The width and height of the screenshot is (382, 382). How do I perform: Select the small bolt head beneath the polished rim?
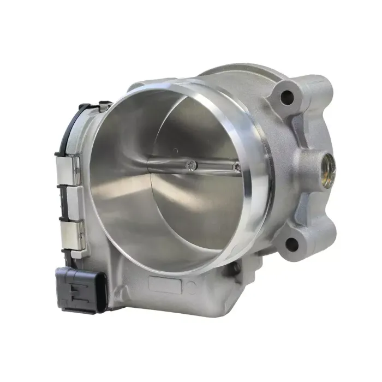(236, 268)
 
